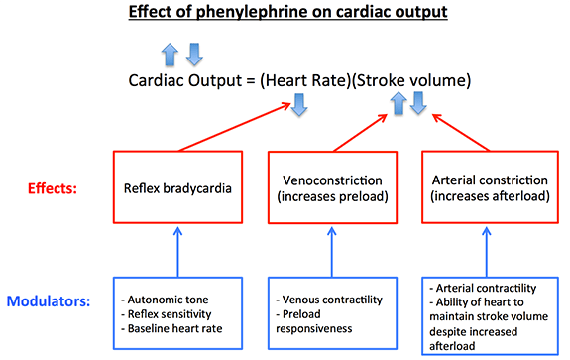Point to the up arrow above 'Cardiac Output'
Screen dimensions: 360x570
170,51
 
